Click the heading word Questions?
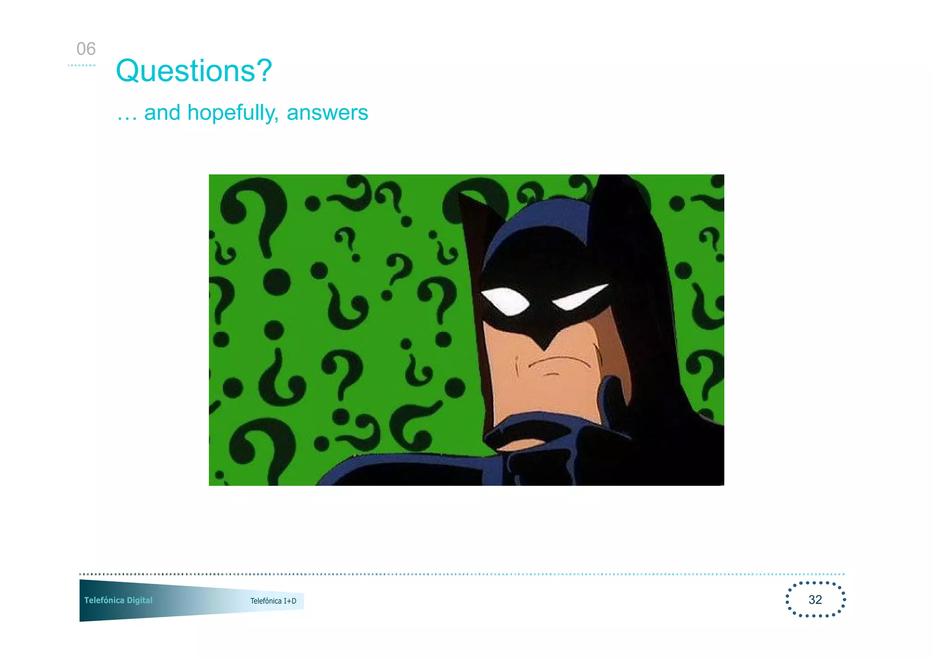194,71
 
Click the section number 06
86,49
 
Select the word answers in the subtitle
327,113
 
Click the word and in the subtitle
162,113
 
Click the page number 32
815,599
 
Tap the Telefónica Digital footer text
118,600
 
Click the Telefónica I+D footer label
273,601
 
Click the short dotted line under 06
82,65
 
